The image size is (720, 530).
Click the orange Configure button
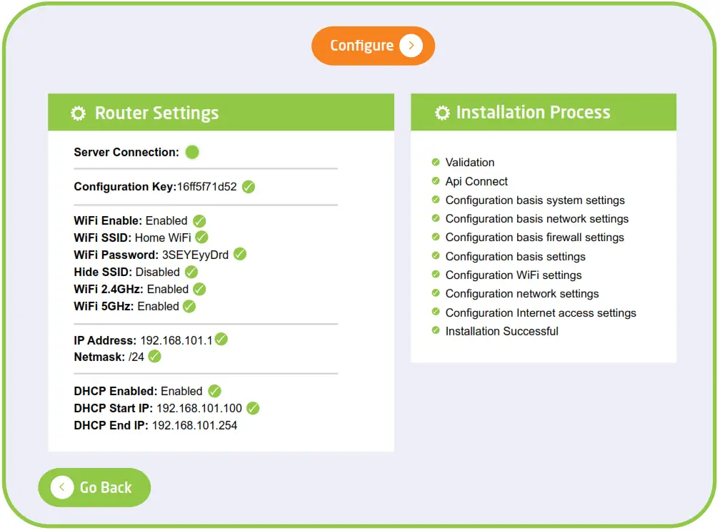coord(373,46)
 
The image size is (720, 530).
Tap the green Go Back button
coord(94,487)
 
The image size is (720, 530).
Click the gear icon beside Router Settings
coord(79,113)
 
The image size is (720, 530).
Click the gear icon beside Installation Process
coord(442,113)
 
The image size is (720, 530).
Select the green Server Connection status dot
coord(192,152)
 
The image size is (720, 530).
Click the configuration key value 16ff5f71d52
coord(206,187)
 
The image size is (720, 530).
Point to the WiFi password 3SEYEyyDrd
coord(195,255)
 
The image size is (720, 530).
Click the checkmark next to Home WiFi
coord(201,238)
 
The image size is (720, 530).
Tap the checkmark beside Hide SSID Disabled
coord(191,272)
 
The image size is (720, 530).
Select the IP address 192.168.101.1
coord(176,340)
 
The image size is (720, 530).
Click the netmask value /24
coord(136,357)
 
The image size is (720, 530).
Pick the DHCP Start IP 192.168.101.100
coord(199,409)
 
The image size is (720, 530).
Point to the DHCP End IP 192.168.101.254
coord(194,426)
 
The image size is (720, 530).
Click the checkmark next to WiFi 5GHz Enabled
coord(189,306)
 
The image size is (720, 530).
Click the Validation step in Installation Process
coord(470,163)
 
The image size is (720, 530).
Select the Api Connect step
coord(476,182)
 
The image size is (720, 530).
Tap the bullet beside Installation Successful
coord(436,331)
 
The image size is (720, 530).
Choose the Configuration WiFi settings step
coord(514,275)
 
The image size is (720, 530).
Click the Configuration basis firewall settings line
coord(534,238)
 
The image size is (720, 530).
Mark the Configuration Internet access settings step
coord(541,313)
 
